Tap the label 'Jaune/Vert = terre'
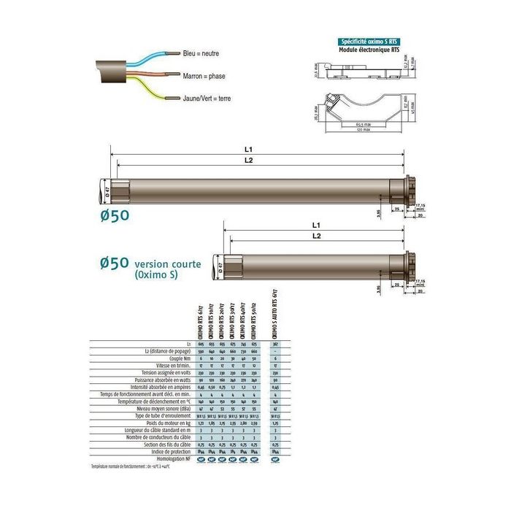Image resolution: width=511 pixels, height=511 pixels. (x=208, y=97)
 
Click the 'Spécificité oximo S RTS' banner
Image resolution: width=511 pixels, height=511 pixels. (x=366, y=42)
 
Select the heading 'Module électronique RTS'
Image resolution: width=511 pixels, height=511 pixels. (x=366, y=50)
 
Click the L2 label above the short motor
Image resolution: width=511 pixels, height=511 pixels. (x=316, y=236)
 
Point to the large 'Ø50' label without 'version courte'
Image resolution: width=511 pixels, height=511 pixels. (x=115, y=215)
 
